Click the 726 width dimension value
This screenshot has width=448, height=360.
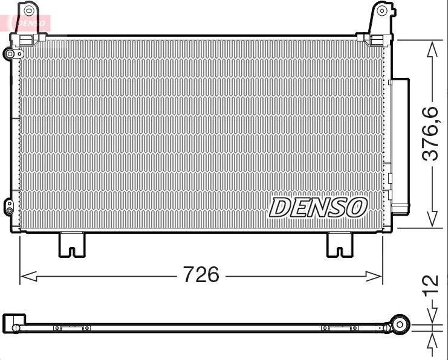[201, 274]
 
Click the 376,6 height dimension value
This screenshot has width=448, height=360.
[430, 133]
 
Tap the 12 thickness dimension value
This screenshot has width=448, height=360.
[432, 284]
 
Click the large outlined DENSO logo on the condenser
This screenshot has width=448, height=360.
[318, 208]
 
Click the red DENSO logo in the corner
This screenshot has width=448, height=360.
[30, 23]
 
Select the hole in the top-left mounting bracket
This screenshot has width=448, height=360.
[28, 11]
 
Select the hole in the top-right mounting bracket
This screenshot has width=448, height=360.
[381, 11]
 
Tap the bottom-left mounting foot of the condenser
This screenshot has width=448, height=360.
[72, 245]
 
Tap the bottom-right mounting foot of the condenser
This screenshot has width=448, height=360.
[340, 245]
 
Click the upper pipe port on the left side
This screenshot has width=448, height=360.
[10, 54]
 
